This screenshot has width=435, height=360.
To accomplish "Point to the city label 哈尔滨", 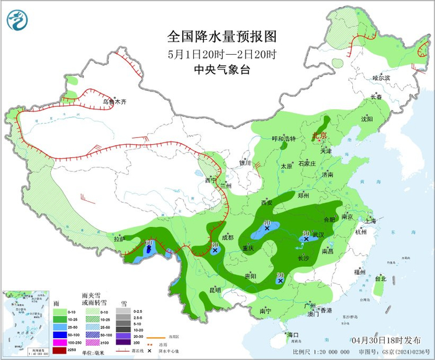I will tap(381, 78).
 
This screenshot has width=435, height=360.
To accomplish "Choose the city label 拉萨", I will tap(119, 238).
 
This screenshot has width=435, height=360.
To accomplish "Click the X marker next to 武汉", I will tap(306, 239).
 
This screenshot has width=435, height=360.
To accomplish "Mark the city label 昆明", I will tap(214, 290).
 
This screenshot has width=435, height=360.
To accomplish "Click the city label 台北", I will tap(380, 279).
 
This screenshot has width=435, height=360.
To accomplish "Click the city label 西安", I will tap(267, 203).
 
